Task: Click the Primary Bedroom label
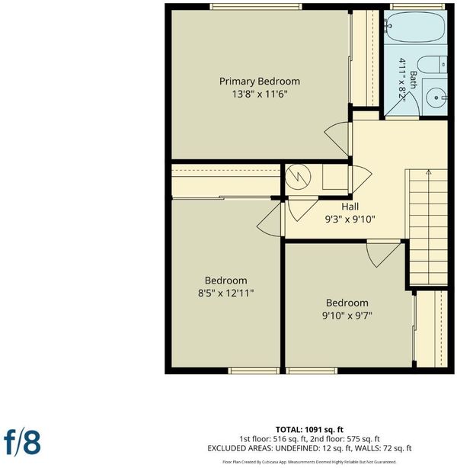point(260,82)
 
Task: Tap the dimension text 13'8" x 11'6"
point(260,95)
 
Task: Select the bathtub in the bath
point(416,27)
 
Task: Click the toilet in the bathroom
point(432,65)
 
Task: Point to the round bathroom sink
point(436,98)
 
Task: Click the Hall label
point(350,207)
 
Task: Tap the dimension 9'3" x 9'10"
point(350,220)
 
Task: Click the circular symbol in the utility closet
point(298,177)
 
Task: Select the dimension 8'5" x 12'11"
point(225,293)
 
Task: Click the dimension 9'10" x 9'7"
point(347,316)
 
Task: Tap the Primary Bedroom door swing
point(337,139)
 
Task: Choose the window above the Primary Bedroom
point(256,7)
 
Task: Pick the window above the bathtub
point(417,7)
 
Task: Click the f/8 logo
point(22,442)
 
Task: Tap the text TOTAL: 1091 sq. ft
point(309,430)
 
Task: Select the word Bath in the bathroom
point(414,80)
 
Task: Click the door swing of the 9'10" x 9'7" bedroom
point(382,255)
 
